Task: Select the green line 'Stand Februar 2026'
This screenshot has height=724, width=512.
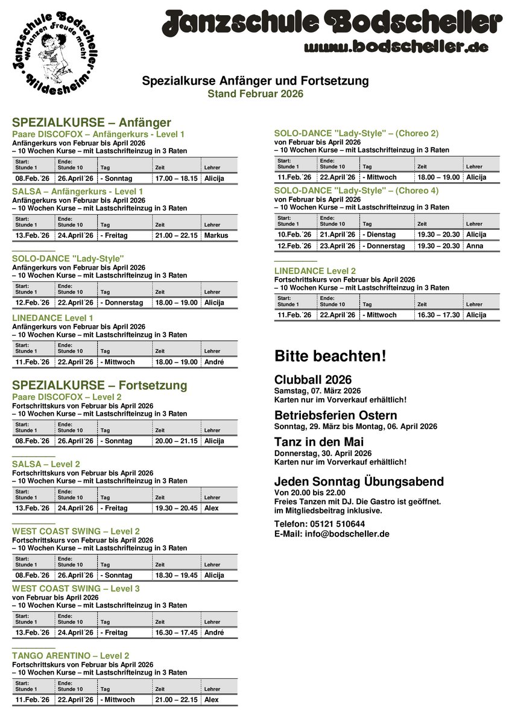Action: click(x=255, y=94)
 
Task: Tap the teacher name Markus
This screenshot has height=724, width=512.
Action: click(x=216, y=235)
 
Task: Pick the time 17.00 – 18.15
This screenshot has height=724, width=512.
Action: click(x=176, y=179)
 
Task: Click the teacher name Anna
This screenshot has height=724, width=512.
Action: click(x=474, y=246)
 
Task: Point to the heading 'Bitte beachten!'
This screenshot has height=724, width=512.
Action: click(x=330, y=356)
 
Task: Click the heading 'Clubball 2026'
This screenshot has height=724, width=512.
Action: click(x=312, y=380)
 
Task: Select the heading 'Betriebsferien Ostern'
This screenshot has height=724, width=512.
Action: click(x=335, y=416)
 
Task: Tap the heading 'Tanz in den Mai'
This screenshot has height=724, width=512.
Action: click(x=319, y=442)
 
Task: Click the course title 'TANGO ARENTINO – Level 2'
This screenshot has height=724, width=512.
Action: click(x=71, y=656)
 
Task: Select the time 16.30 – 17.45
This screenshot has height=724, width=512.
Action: click(x=176, y=633)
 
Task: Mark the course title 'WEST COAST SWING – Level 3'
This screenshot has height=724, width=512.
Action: click(x=76, y=588)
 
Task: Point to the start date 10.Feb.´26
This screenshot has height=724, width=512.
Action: click(x=294, y=235)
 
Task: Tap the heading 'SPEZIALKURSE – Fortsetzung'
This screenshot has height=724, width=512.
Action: click(x=100, y=385)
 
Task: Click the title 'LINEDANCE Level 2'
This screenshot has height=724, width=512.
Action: click(x=315, y=271)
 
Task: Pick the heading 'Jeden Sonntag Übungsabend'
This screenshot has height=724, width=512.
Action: click(x=359, y=481)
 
